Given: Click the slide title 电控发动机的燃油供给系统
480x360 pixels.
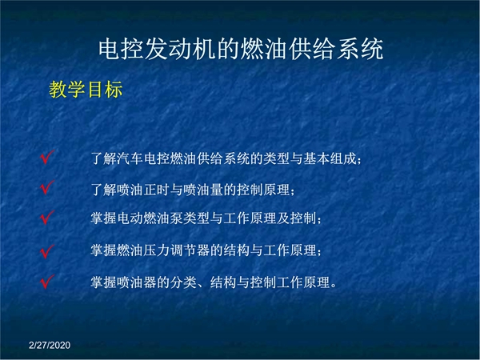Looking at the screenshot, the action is (241, 49).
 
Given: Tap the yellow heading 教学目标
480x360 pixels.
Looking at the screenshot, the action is (86, 90).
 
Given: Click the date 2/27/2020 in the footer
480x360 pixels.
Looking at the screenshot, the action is (50, 346).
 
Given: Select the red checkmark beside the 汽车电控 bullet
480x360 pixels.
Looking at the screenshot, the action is (47, 158).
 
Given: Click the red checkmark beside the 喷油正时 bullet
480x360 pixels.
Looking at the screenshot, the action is (47, 187).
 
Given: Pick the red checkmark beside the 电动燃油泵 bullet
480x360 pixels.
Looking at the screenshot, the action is (47, 218).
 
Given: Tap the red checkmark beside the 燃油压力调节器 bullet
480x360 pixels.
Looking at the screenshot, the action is (47, 252).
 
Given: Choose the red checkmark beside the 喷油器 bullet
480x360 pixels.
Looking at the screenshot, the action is (47, 282).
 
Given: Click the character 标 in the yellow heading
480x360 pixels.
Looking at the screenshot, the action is (114, 90).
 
